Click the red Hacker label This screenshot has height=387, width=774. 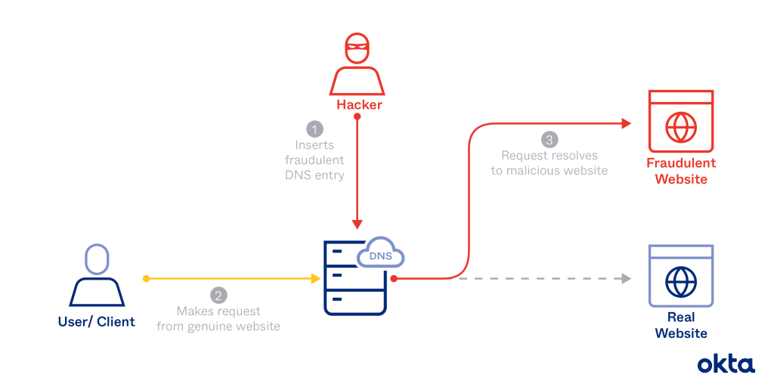click(359, 104)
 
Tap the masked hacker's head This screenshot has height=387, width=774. click(357, 48)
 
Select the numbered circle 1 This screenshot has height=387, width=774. click(315, 129)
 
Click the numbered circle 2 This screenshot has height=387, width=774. click(218, 296)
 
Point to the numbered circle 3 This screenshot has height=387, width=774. click(549, 140)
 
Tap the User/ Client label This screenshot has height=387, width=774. click(96, 322)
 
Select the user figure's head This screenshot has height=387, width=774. click(96, 259)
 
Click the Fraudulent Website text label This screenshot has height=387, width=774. click(681, 171)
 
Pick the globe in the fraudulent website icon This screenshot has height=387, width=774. click(681, 127)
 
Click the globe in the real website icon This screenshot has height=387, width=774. click(681, 281)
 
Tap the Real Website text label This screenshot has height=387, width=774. click(681, 325)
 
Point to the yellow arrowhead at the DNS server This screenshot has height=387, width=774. click(316, 279)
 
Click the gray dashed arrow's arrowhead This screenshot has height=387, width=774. click(626, 279)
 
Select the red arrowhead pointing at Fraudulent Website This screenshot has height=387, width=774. click(627, 123)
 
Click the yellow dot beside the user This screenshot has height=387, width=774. click(146, 279)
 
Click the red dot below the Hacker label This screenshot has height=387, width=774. click(358, 117)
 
